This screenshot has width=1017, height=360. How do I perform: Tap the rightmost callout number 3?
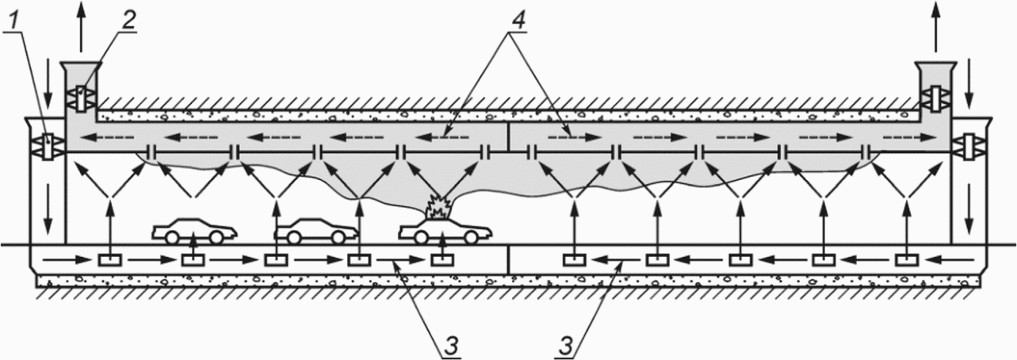tap(565, 347)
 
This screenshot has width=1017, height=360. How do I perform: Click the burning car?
tap(445, 230)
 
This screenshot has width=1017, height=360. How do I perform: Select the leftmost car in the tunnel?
tap(194, 230)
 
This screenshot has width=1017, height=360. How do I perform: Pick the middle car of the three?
tap(317, 230)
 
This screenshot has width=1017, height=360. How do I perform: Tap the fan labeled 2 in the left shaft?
tap(81, 98)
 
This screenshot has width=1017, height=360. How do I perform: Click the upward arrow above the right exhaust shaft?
tap(936, 25)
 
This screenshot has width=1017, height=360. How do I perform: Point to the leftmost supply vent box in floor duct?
tap(110, 260)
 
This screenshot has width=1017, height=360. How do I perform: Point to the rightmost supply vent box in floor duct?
tap(906, 260)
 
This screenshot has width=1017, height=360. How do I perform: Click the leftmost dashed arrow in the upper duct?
tap(108, 137)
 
